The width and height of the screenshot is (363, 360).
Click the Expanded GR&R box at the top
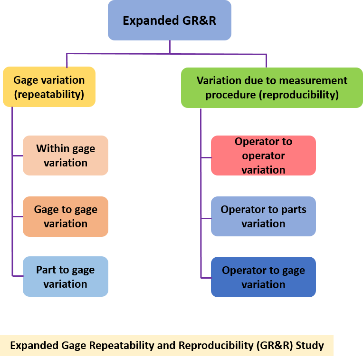coord(170,20)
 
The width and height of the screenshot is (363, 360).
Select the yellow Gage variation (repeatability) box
coord(49,87)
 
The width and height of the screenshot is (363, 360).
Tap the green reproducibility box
coord(272,88)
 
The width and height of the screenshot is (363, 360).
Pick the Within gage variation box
coord(66,156)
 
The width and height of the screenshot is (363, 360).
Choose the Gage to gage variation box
coord(66,216)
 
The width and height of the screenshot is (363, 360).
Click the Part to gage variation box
coord(66,277)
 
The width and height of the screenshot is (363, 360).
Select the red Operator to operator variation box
coord(263,156)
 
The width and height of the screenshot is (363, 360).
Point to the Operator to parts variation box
coord(263,216)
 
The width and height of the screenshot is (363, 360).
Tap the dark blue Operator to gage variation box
coord(263,277)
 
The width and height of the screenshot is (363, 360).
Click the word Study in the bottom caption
coord(310,346)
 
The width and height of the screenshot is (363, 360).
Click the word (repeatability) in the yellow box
coord(49,94)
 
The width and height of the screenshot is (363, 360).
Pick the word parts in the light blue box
coord(294,210)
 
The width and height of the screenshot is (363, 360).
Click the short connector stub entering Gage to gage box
coord(18,216)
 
